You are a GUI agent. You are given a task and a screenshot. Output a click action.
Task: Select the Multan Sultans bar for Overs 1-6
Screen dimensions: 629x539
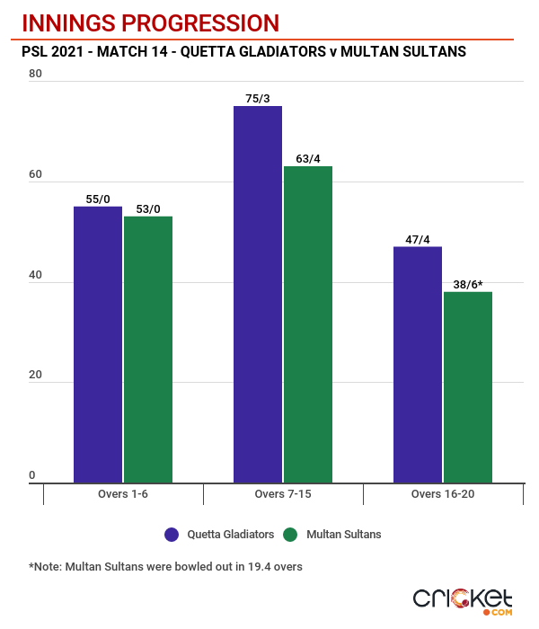148,350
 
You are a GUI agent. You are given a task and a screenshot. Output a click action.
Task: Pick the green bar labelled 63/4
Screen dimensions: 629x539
308,324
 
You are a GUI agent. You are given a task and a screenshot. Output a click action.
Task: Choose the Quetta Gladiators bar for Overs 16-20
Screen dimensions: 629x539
418,364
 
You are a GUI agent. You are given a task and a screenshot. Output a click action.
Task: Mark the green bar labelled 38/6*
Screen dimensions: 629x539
468,387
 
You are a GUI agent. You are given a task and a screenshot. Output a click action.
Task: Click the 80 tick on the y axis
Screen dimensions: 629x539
35,75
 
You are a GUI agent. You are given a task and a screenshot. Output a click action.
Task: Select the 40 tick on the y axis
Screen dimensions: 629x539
35,276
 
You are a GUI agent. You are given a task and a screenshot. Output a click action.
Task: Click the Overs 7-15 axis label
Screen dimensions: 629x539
283,495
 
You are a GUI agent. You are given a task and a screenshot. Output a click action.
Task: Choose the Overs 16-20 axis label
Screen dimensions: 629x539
443,495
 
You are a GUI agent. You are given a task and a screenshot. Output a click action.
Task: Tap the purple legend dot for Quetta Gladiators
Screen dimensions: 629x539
172,535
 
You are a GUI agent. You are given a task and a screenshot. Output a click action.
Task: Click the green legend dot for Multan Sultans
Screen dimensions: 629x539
290,535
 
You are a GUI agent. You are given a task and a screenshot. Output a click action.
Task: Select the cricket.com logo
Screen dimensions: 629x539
462,600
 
